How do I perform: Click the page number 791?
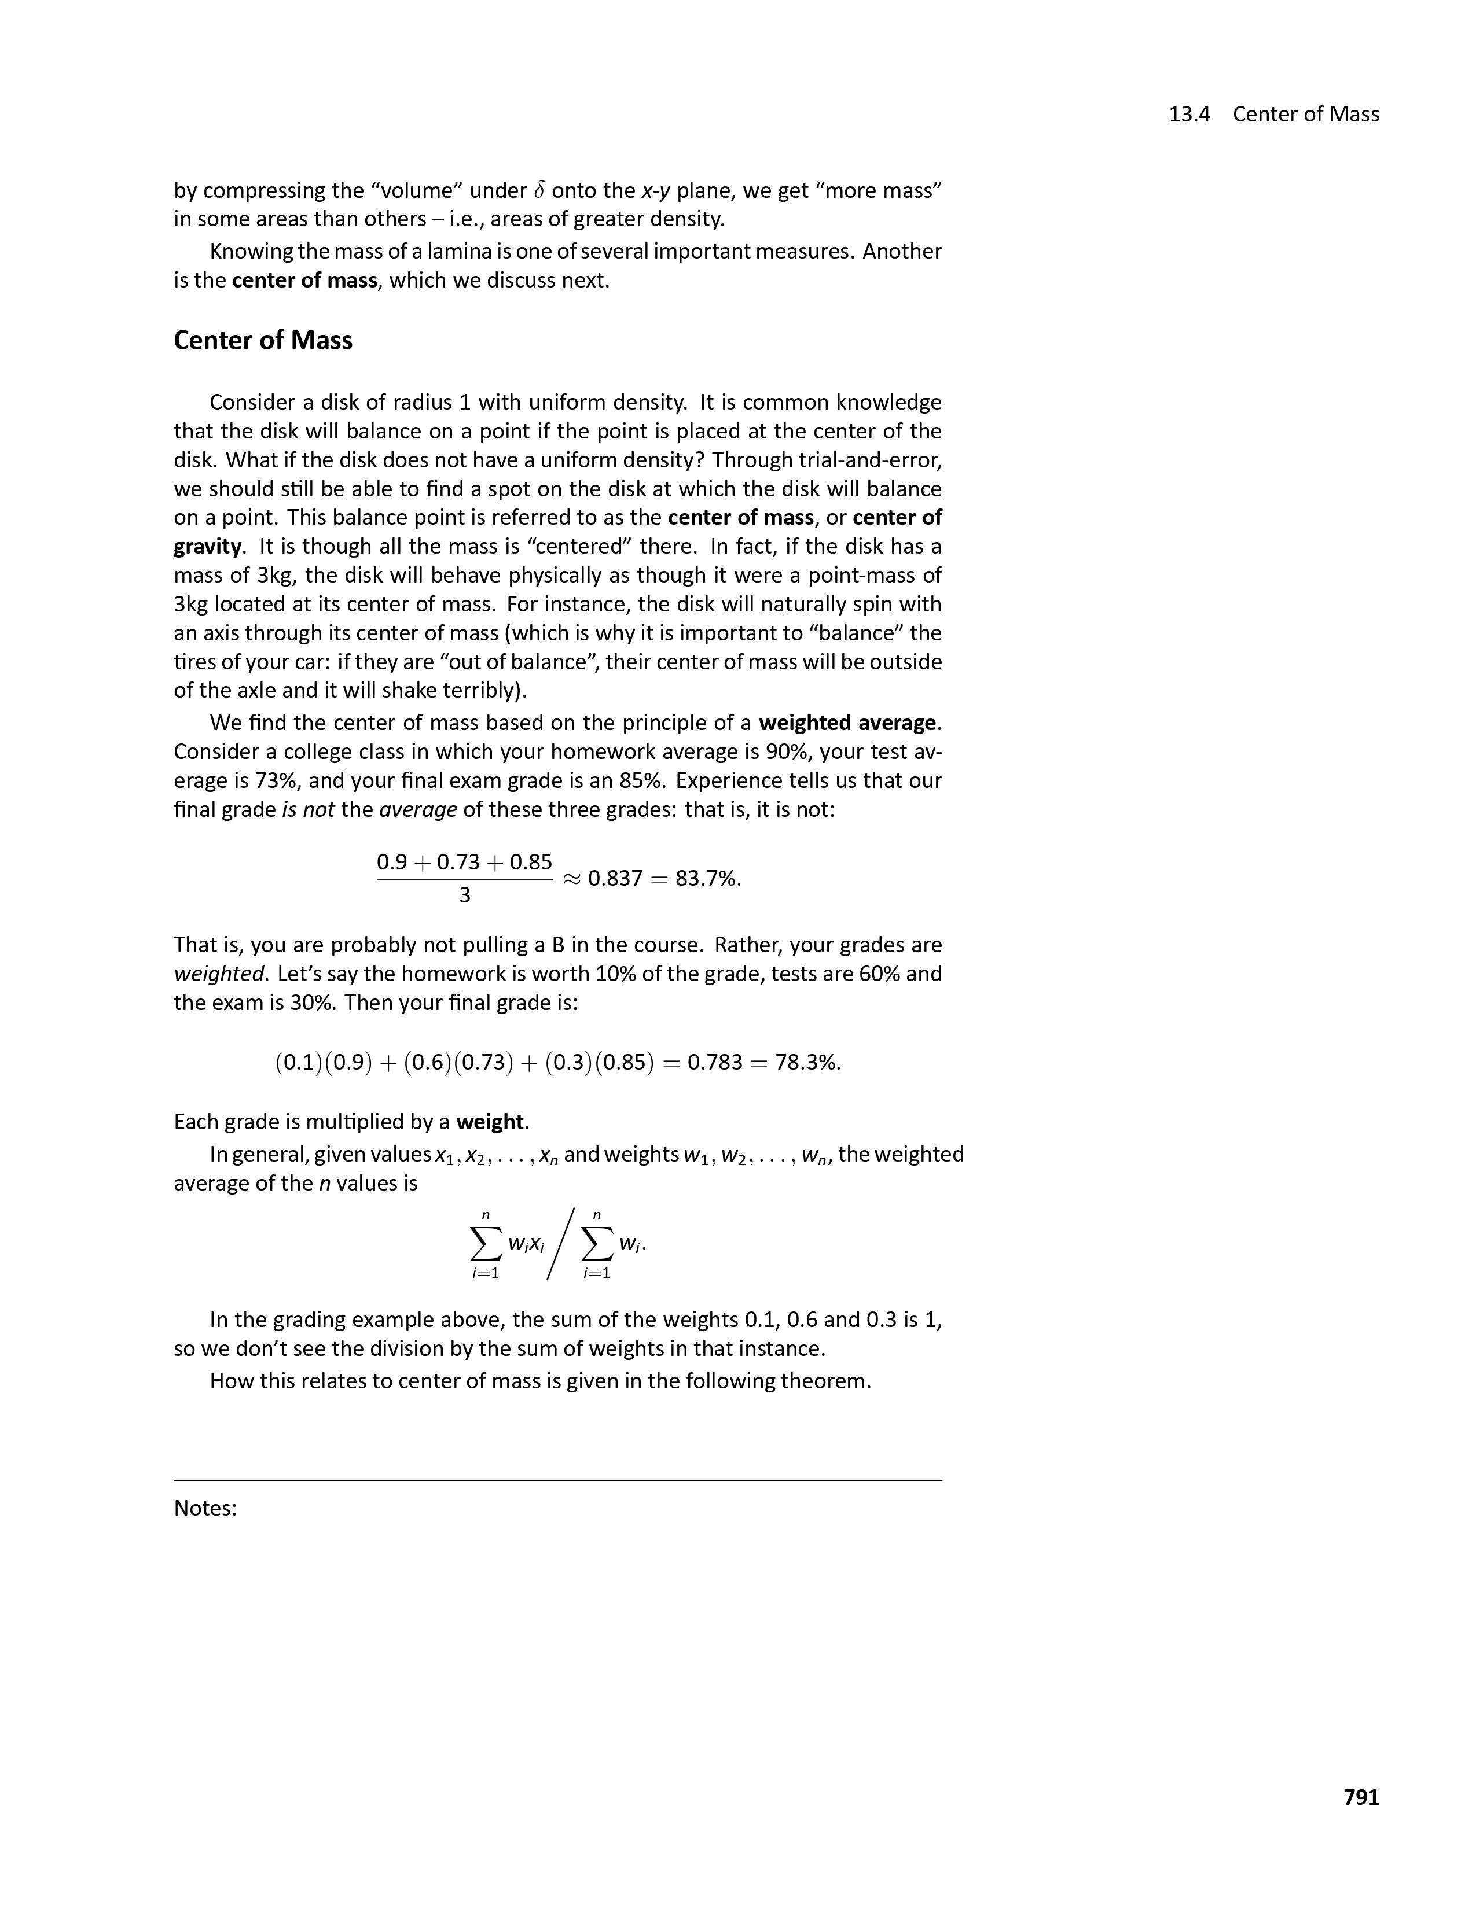pyautogui.click(x=1361, y=1796)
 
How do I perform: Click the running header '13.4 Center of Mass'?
pyautogui.click(x=1273, y=115)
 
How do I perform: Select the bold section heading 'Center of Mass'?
pyautogui.click(x=262, y=340)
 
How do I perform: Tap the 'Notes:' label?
pyautogui.click(x=205, y=1508)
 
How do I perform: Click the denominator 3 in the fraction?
pyautogui.click(x=464, y=895)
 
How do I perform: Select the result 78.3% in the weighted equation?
pyautogui.click(x=807, y=1062)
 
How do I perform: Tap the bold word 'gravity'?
pyautogui.click(x=207, y=546)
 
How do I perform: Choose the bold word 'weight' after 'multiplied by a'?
pyautogui.click(x=490, y=1122)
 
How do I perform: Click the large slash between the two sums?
pyautogui.click(x=560, y=1243)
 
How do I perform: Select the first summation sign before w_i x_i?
pyautogui.click(x=486, y=1243)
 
